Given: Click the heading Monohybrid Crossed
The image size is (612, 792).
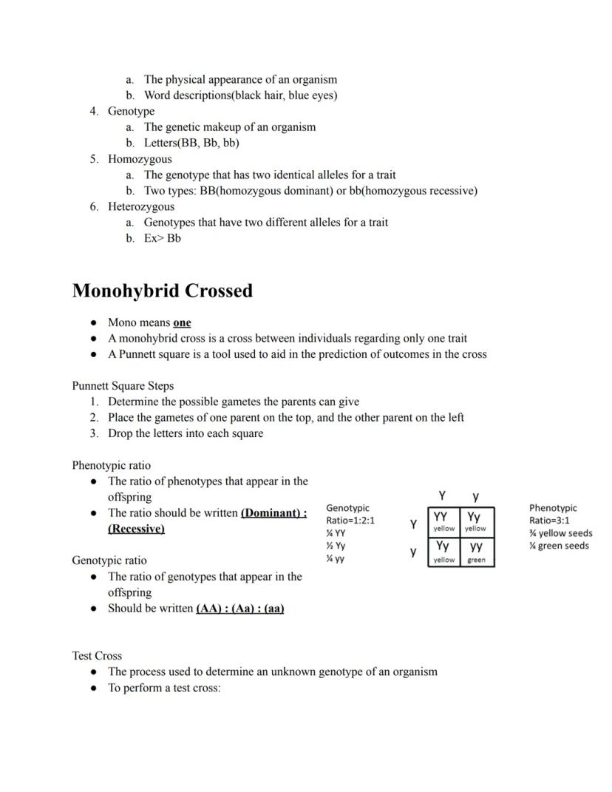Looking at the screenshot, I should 162,291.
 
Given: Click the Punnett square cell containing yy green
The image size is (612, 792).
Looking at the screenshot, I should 477,552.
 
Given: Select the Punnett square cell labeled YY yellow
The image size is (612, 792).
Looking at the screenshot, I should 443,521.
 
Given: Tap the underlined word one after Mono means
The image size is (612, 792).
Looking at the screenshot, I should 182,322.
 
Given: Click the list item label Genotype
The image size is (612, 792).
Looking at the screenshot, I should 131,111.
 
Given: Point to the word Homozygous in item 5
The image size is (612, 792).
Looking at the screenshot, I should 140,159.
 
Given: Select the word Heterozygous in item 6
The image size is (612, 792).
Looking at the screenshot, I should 141,206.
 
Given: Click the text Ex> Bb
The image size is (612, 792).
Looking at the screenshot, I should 162,238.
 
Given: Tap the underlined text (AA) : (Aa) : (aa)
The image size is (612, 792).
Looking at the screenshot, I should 240,609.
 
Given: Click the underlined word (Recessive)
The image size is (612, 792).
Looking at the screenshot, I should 136,529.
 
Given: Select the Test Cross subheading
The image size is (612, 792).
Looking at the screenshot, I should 97,656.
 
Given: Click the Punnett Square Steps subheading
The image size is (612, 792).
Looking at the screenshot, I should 123,386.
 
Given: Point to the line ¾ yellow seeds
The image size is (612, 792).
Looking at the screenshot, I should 560,533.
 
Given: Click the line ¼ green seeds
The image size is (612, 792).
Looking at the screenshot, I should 559,546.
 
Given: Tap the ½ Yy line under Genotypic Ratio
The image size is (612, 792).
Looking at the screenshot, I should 336,546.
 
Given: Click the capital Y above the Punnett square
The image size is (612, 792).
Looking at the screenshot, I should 441,495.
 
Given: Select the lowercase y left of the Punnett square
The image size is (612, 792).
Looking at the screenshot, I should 414,552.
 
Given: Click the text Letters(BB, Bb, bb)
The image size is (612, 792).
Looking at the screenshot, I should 191,143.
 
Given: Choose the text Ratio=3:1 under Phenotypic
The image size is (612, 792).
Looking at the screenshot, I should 549,520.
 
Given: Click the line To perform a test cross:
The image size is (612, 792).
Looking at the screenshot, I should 164,688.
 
